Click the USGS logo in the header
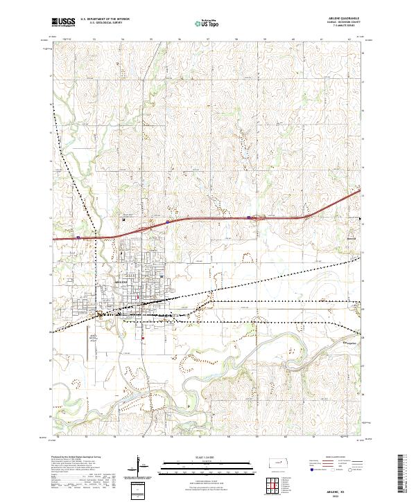pyautogui.click(x=63, y=22)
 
